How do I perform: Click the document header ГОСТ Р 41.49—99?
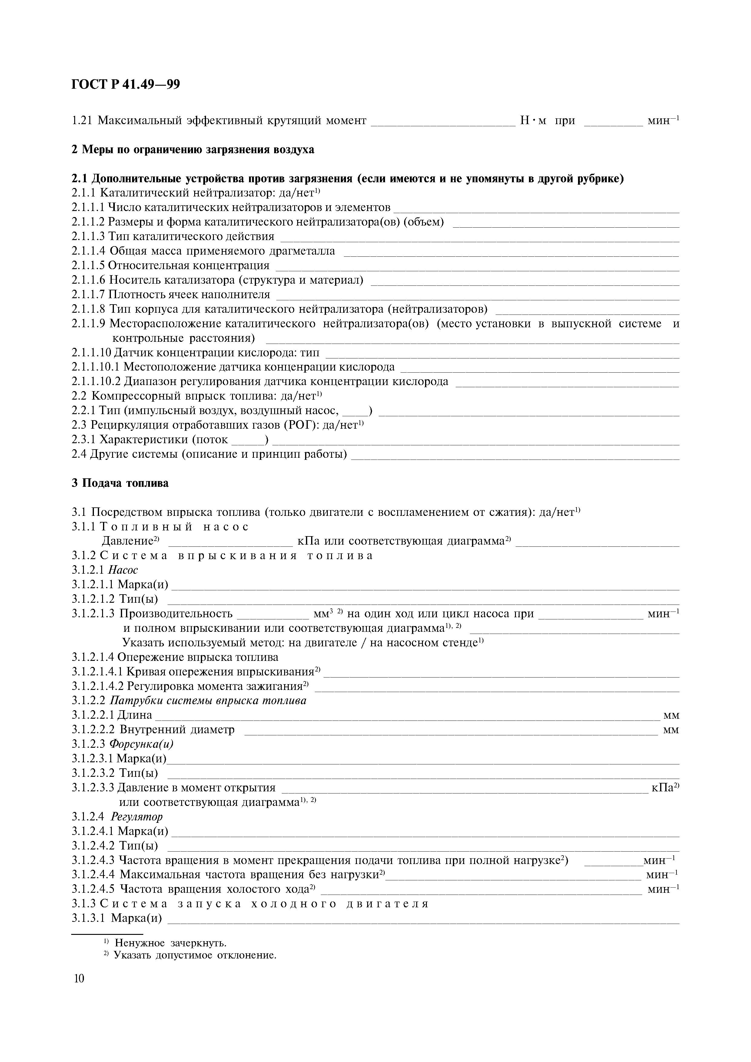(x=126, y=85)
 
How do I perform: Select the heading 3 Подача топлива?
(x=120, y=483)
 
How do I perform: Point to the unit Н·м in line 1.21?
(x=533, y=121)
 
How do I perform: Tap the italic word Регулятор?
(x=137, y=816)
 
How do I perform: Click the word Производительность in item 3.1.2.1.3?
(x=176, y=614)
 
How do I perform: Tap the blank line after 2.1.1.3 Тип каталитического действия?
(x=480, y=238)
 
